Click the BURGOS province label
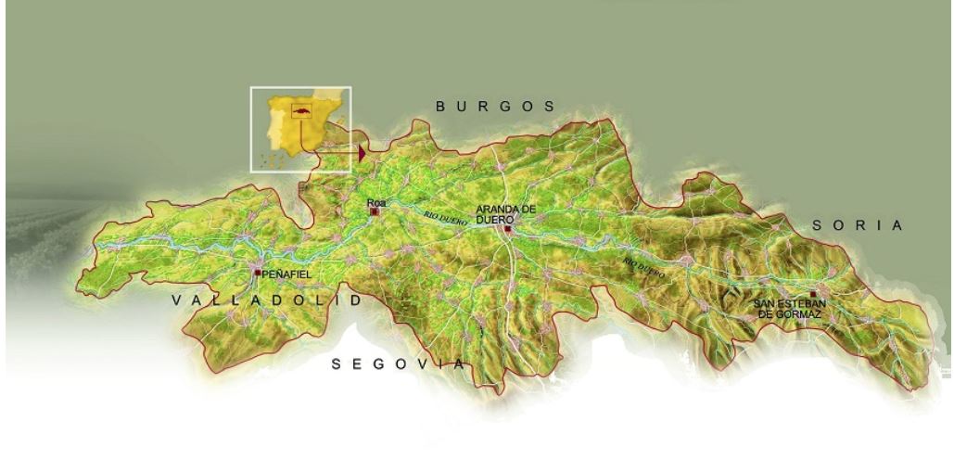point(496,107)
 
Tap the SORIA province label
point(857,225)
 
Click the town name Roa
point(375,202)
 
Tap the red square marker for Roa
point(375,212)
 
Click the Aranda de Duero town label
point(505,215)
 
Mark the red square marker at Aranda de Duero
point(508,229)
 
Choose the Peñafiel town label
point(286,275)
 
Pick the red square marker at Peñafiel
point(258,272)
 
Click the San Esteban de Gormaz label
point(788,309)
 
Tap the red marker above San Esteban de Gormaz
point(813,294)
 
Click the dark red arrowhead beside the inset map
point(362,152)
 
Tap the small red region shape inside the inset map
point(300,112)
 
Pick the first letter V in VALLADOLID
point(178,301)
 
